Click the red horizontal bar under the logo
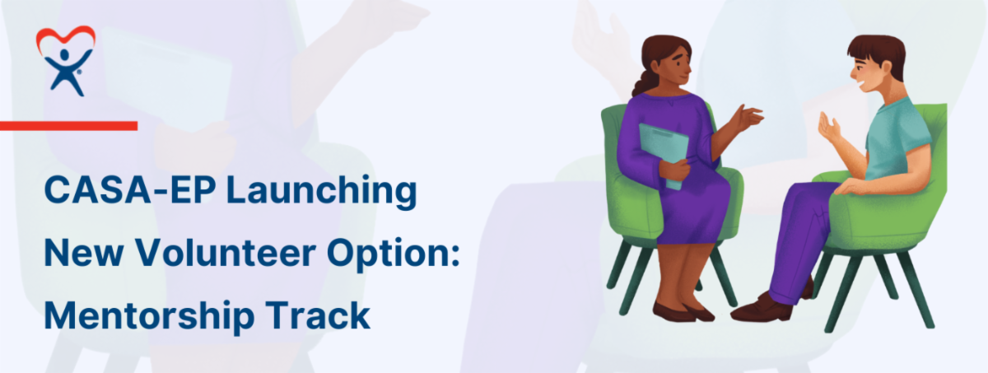(x=68, y=126)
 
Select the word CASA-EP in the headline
(x=130, y=190)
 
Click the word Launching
(x=322, y=191)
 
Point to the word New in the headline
(x=84, y=253)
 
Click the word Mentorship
(x=150, y=315)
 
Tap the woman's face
(x=675, y=67)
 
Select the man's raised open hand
(x=829, y=128)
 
